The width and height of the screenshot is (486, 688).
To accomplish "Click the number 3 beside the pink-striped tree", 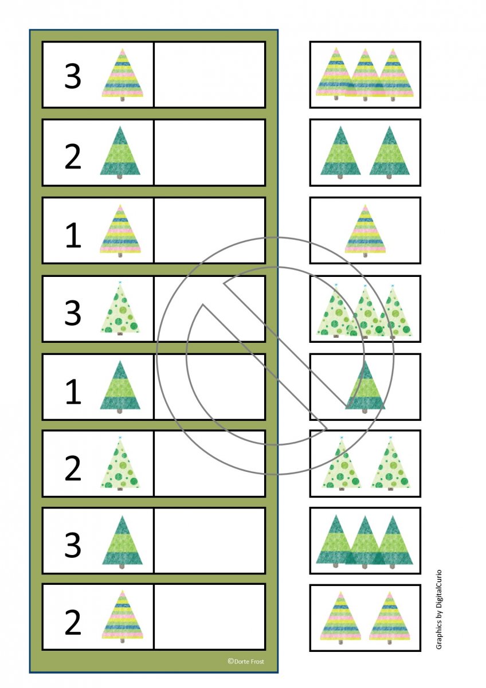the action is (x=73, y=76).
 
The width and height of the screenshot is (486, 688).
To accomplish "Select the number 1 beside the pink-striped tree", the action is (x=73, y=235).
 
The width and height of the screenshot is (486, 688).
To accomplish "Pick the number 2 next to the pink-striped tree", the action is (x=73, y=622).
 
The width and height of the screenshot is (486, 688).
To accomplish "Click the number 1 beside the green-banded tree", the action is (x=73, y=391).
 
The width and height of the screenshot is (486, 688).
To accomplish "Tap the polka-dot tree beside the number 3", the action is (x=120, y=308).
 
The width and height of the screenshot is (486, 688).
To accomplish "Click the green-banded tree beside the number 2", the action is (x=120, y=153).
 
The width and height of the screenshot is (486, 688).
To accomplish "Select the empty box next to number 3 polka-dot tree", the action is (x=209, y=308).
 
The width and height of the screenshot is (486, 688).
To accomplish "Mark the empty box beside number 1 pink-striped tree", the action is (x=209, y=230).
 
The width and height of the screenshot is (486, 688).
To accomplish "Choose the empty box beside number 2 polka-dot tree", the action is (x=209, y=463).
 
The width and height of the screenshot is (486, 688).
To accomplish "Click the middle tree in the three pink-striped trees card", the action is (x=365, y=75).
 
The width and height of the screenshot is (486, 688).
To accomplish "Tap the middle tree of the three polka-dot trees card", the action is (x=365, y=311).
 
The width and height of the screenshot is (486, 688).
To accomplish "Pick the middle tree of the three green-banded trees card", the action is (x=364, y=542).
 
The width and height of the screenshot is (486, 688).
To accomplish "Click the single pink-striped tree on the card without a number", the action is (x=365, y=230).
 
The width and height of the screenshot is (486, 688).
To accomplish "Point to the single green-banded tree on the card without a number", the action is (x=365, y=387).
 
